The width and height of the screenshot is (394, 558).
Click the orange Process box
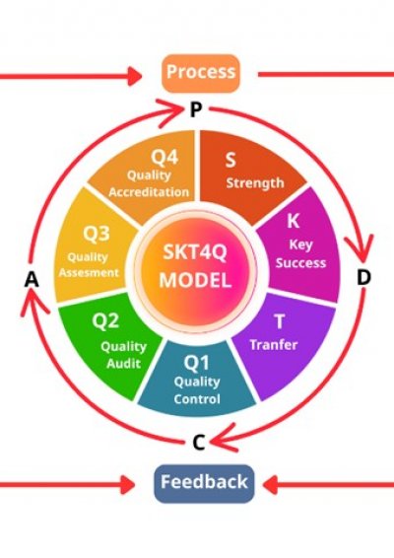(201, 73)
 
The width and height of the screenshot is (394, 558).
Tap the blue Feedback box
(204, 483)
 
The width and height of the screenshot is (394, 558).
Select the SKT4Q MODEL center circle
(195, 270)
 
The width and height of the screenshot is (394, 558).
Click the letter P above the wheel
(196, 109)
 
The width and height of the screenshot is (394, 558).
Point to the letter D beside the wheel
(363, 277)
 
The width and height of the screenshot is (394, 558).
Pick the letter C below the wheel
(199, 443)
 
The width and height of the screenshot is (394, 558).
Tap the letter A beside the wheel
(32, 279)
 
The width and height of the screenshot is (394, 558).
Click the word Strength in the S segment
(255, 183)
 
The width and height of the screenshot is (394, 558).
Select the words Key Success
(300, 253)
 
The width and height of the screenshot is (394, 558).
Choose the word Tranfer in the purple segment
(274, 344)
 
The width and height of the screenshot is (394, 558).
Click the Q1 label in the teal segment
(197, 363)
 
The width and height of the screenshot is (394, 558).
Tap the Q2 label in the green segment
(105, 320)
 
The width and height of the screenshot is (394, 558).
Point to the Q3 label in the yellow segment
(97, 234)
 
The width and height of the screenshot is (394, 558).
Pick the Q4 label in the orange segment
(164, 157)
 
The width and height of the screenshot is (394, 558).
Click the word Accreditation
(149, 192)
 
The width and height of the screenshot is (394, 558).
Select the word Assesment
(89, 273)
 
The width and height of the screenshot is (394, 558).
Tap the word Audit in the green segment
(124, 364)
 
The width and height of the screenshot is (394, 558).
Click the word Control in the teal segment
(197, 399)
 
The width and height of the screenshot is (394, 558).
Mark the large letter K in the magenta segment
(293, 221)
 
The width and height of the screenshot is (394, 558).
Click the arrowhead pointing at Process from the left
(135, 76)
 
